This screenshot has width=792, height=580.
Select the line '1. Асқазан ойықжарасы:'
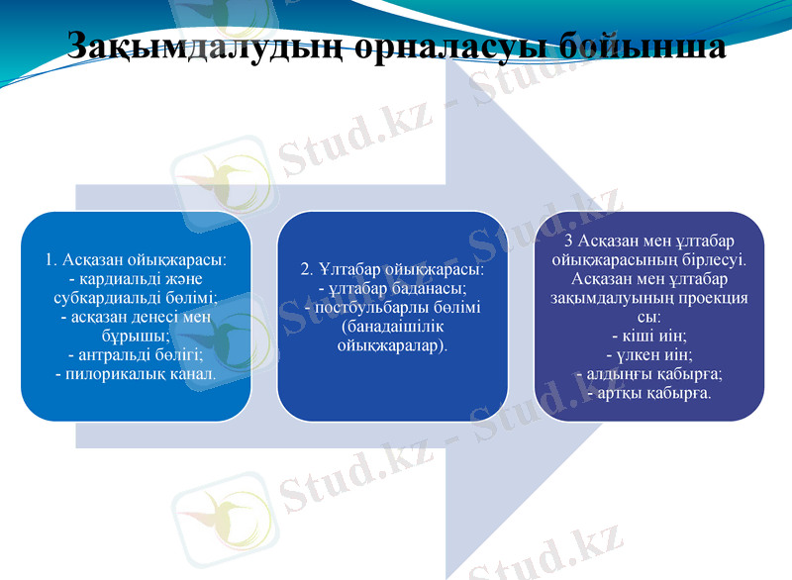click(136, 260)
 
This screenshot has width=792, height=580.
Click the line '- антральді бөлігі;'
click(136, 354)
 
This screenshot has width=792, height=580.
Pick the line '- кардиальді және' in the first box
click(136, 279)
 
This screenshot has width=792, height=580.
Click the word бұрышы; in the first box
click(136, 336)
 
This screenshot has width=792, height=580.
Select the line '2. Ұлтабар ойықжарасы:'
click(392, 269)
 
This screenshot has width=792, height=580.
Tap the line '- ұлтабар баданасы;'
click(392, 288)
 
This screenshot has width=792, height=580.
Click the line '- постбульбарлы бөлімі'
click(392, 307)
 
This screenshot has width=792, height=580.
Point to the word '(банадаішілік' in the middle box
click(392, 326)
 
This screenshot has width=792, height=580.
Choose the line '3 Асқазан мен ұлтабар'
click(648, 242)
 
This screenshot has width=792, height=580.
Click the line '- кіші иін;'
click(648, 336)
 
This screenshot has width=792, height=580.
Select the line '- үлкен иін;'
click(648, 354)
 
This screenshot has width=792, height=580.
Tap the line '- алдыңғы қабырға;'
click(648, 373)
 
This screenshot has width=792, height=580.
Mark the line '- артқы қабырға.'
click(648, 392)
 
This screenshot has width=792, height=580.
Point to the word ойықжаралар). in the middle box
click(392, 344)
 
